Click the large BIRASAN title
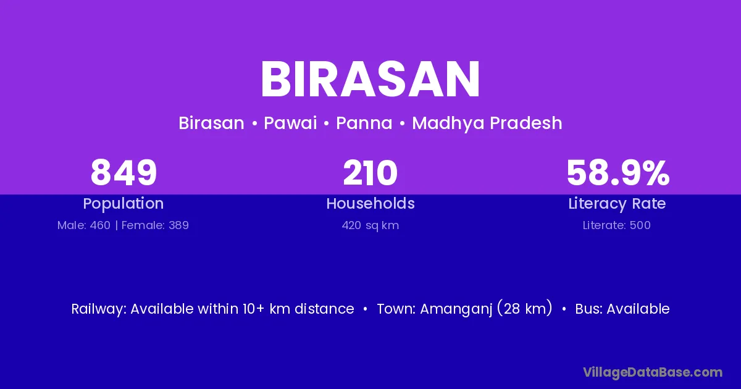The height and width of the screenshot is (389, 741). point(370,80)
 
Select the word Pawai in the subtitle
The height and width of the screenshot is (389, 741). point(290,123)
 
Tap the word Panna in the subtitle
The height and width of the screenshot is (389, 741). point(364,123)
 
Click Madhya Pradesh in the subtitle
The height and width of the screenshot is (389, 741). point(487,123)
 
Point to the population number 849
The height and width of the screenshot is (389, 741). point(124,173)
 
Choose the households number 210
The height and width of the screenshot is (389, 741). point(370,173)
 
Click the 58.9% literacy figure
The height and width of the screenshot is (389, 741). point(618,173)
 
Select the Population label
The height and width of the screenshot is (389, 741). point(124,204)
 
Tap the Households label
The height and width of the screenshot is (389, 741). point(371,203)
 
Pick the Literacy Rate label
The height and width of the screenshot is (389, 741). point(617,204)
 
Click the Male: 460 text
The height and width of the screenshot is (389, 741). point(84,225)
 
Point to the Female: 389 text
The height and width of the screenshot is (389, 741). point(155,225)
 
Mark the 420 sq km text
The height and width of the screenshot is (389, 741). point(371,225)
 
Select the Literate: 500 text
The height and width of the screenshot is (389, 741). point(617,225)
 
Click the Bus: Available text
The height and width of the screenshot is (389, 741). point(622,309)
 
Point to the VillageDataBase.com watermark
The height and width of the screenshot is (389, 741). point(653,373)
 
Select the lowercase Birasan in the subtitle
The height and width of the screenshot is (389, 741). point(211,123)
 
